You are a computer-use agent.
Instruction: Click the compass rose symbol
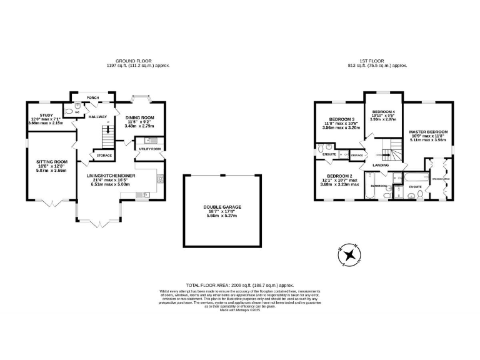point(350,256)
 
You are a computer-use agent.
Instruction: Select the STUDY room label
point(46,115)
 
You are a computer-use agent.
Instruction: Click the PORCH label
point(92,97)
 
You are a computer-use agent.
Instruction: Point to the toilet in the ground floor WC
point(77,107)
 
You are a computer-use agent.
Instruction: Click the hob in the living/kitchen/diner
point(160,179)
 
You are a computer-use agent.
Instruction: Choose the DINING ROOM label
point(139,117)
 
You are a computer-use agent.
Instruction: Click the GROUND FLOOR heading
point(138,61)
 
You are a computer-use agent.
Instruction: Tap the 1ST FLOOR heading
point(378,61)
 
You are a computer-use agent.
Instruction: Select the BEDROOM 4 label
point(383,112)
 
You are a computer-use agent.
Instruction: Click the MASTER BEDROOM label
point(428,132)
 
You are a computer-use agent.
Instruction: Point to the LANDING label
point(381,165)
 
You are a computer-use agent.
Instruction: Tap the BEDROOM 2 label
point(339,176)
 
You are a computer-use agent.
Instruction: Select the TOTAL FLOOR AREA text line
point(239,284)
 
